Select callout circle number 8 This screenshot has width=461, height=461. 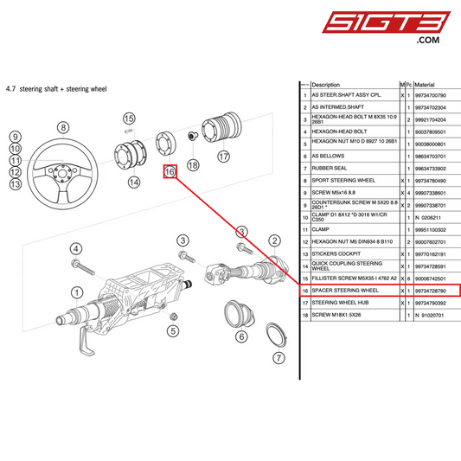coord(62,127)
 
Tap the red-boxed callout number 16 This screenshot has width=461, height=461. coord(170,172)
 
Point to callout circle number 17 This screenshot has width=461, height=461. coord(224,157)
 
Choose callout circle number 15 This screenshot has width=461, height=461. coord(129,118)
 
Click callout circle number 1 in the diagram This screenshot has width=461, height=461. coord(77,292)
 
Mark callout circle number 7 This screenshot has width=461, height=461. coord(278,357)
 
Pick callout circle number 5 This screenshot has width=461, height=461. coord(173,330)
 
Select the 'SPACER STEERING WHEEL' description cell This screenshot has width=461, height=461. coord(345,291)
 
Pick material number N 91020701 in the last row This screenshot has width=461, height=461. coord(429,316)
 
